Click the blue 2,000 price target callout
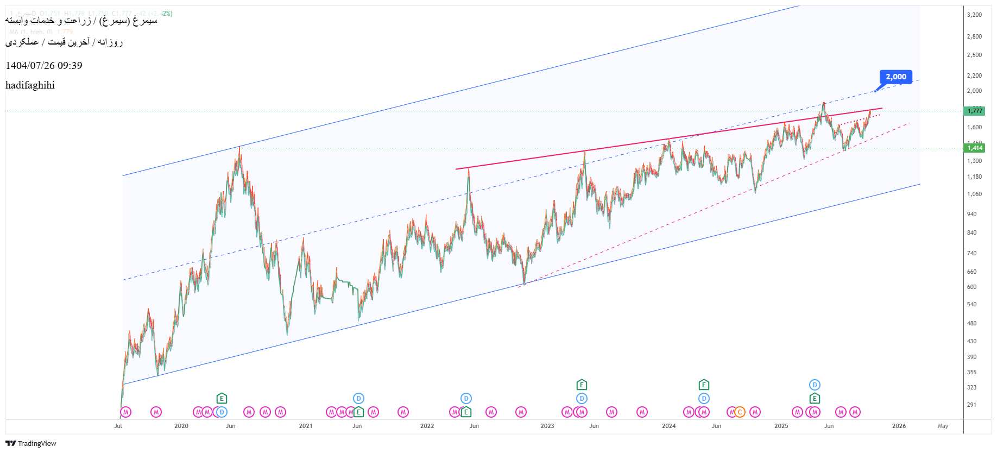tap(896, 77)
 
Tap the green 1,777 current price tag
tap(975, 111)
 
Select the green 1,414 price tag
tap(975, 148)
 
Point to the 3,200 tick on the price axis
tap(974, 15)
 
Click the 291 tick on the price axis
tap(971, 405)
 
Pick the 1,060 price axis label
tap(974, 194)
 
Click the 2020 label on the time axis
tap(181, 426)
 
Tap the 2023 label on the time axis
tap(547, 426)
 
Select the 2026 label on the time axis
tap(899, 426)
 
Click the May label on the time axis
tap(943, 426)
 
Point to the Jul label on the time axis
tap(118, 426)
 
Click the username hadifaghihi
tap(30, 85)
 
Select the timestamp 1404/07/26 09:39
tap(44, 66)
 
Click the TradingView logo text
tap(36, 443)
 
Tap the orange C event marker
tap(740, 412)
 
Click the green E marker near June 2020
tap(222, 399)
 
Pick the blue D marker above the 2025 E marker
tap(815, 385)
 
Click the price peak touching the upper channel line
tap(239, 148)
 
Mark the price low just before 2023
tap(524, 283)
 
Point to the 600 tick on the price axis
tap(971, 287)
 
